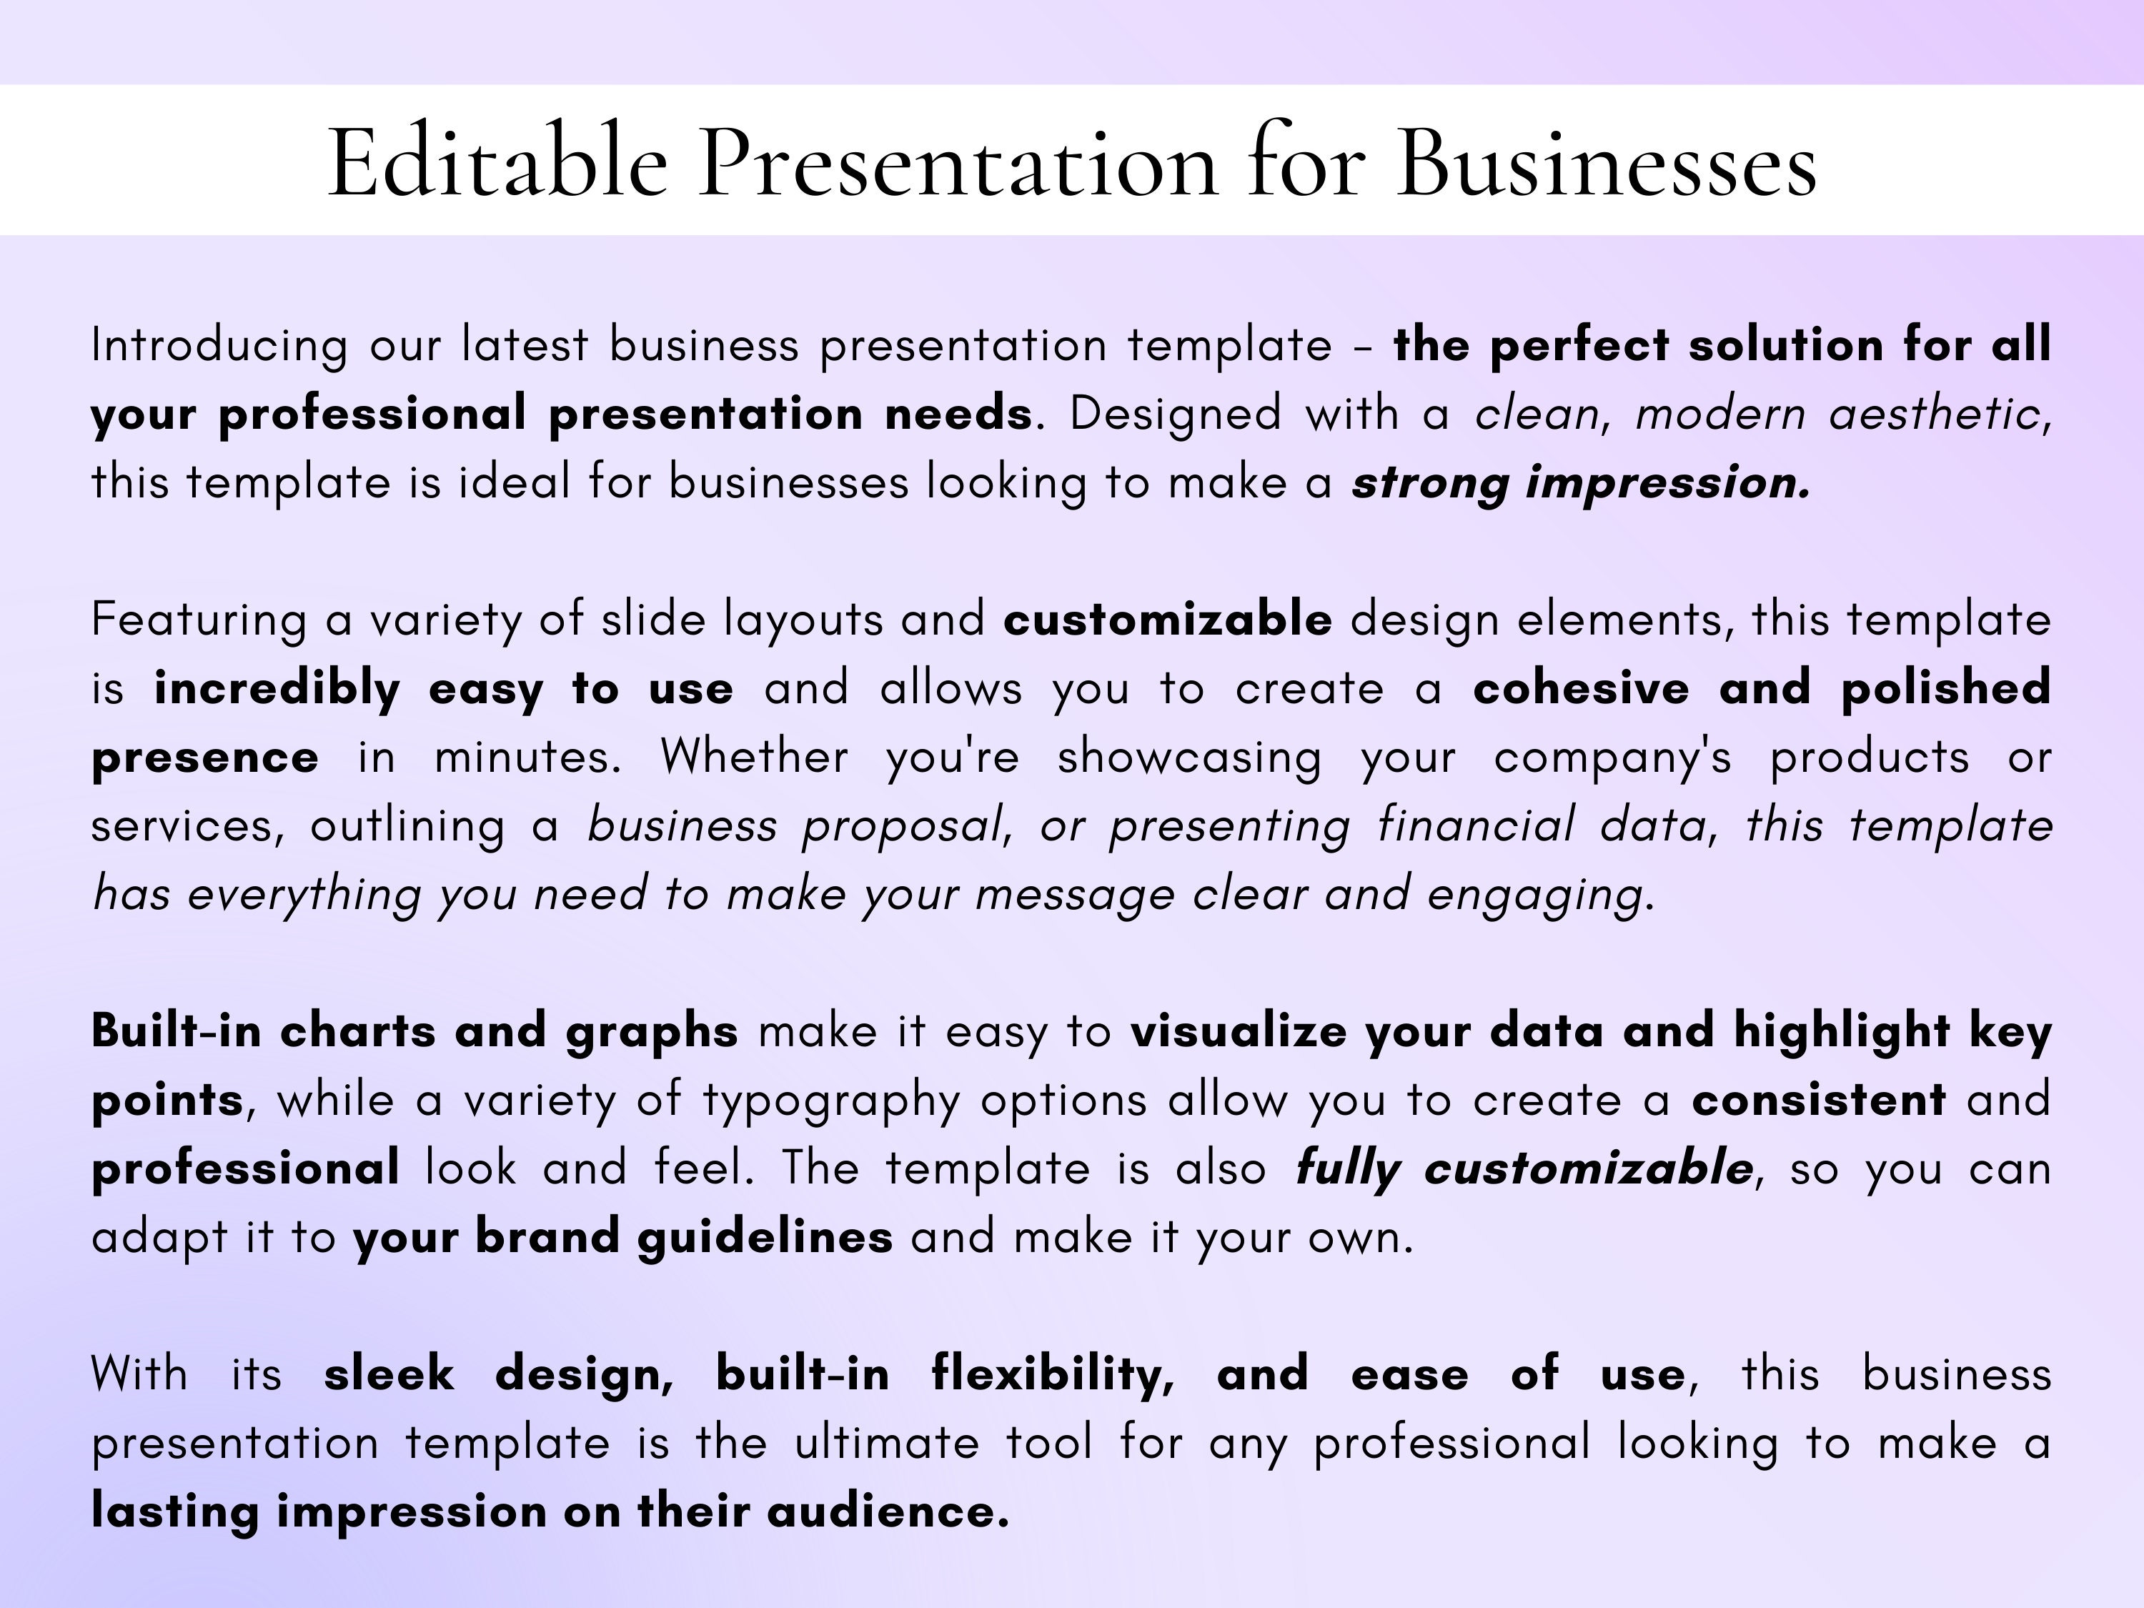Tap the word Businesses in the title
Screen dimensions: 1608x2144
tap(1606, 163)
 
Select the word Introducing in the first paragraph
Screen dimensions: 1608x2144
tap(219, 346)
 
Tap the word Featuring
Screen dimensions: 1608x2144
tap(199, 620)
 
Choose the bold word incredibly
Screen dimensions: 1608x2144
tap(277, 689)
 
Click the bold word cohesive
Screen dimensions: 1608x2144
tap(1581, 688)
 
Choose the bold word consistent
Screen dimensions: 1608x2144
tap(1818, 1100)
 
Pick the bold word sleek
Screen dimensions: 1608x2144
tap(389, 1374)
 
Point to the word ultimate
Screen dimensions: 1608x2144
tap(887, 1443)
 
